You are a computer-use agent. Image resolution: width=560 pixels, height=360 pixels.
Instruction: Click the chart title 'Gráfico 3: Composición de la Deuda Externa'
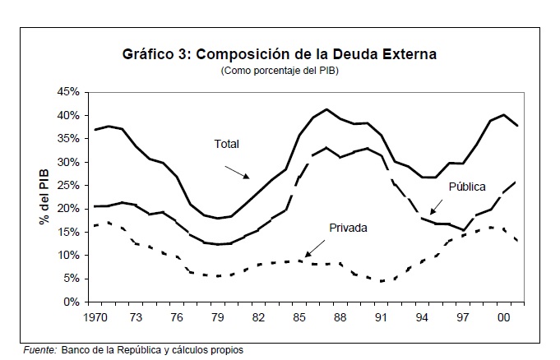(x=280, y=55)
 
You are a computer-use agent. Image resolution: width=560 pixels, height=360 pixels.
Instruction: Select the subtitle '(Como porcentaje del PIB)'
(x=280, y=72)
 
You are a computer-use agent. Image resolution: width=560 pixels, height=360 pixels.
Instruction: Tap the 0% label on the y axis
(x=72, y=302)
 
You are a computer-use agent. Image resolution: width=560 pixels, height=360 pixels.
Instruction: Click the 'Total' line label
(x=227, y=144)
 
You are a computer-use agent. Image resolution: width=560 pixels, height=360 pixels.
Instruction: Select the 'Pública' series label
(x=466, y=187)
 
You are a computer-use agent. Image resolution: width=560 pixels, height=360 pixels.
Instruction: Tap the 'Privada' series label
(x=348, y=227)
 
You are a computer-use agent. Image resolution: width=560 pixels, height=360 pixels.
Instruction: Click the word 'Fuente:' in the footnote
(x=39, y=349)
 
